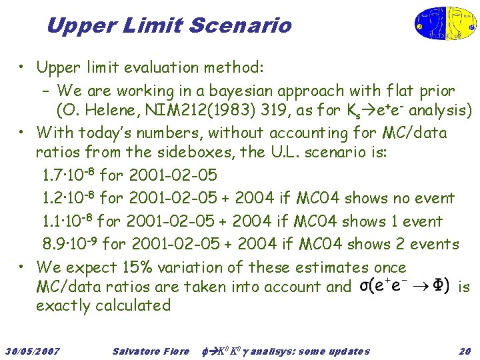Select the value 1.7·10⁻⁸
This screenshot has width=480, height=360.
click(69, 176)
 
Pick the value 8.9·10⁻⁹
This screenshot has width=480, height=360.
click(69, 244)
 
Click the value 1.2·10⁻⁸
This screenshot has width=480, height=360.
click(69, 199)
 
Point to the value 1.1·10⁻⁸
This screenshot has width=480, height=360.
click(69, 221)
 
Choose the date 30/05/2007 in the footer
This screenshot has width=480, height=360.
click(32, 351)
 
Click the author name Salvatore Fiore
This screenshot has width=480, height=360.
click(151, 351)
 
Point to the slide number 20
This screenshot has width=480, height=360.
click(465, 351)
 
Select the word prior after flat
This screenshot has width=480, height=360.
click(436, 90)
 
